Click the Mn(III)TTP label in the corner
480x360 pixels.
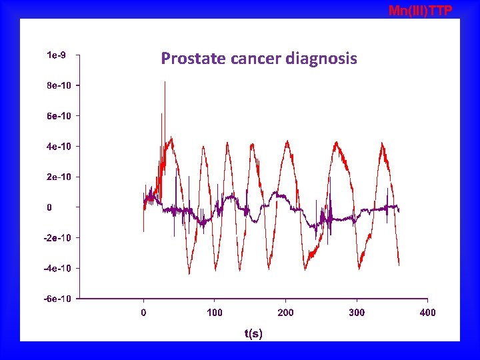point(420,10)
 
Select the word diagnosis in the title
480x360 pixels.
point(321,59)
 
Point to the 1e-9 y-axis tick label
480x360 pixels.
point(56,55)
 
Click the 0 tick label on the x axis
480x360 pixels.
point(143,312)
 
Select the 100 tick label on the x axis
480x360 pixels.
point(215,312)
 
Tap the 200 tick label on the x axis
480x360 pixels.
point(285,312)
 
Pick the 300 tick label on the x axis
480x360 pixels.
point(357,312)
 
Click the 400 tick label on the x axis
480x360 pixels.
point(427,312)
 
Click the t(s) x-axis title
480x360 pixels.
point(253,333)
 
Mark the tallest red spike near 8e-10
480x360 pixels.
point(165,83)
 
